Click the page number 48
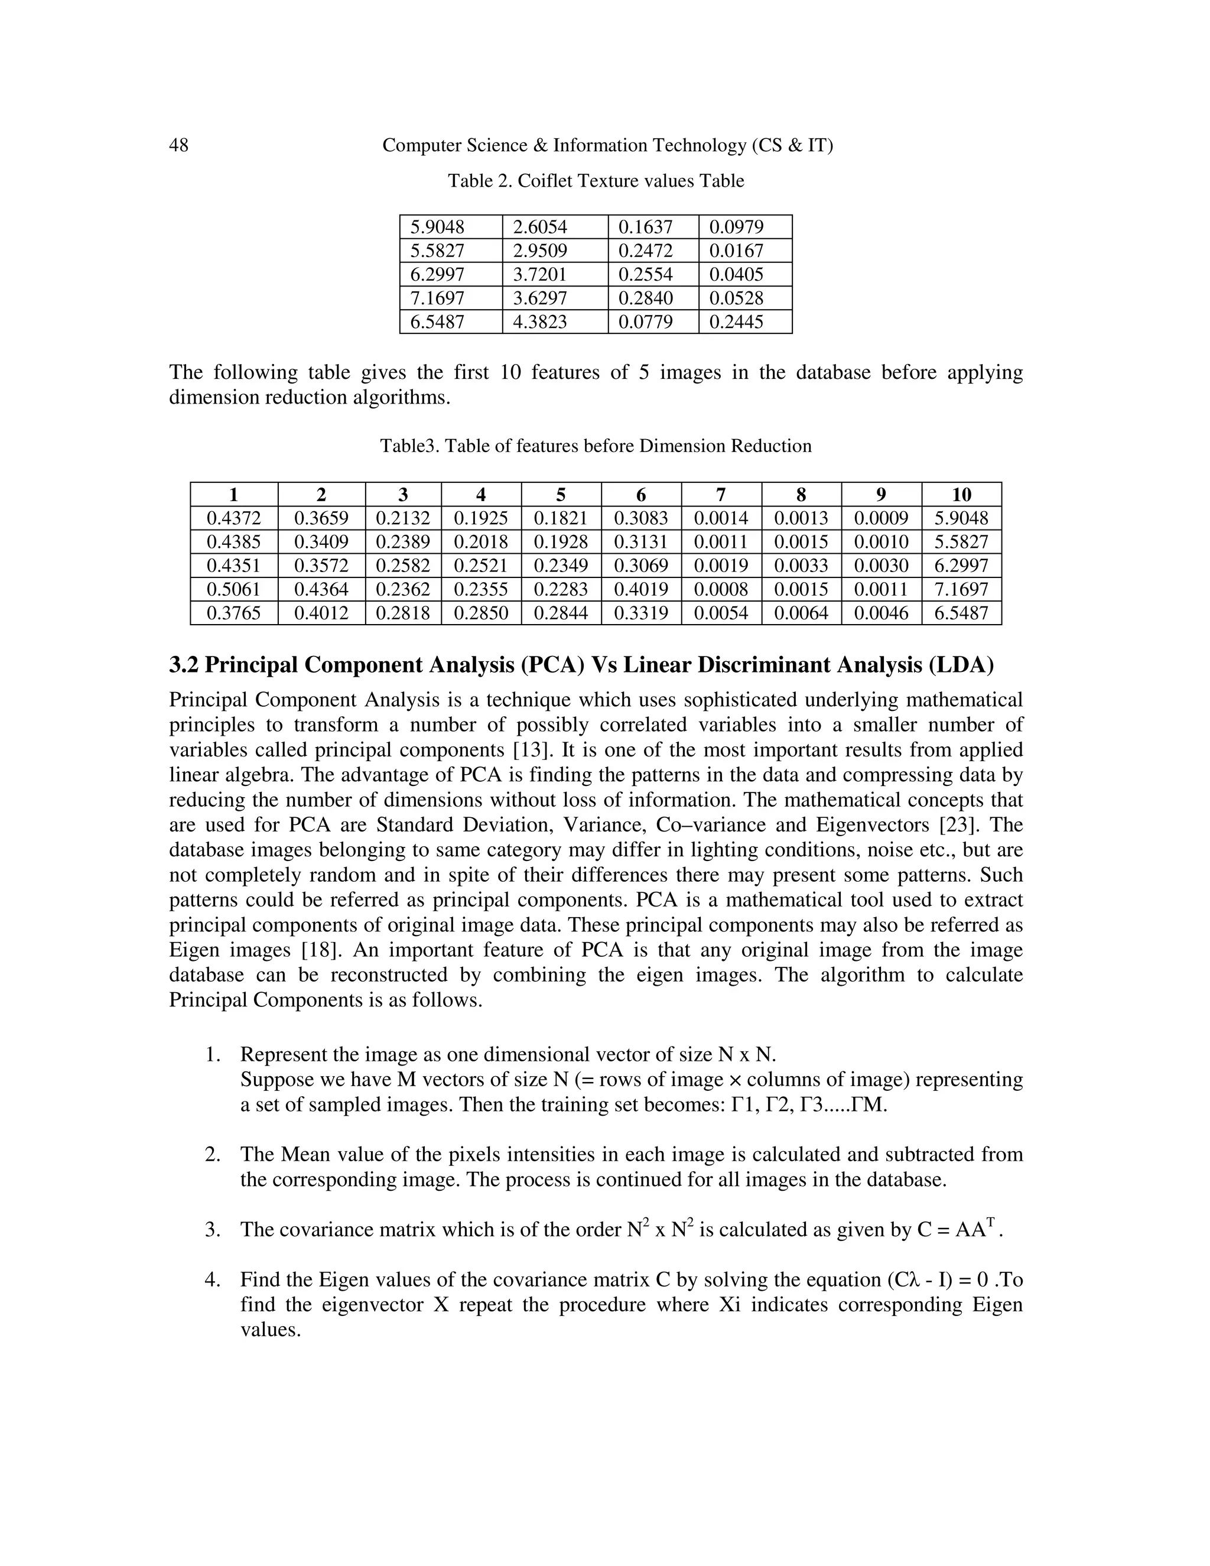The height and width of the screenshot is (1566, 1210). [178, 145]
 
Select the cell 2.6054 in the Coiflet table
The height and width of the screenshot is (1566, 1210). [540, 228]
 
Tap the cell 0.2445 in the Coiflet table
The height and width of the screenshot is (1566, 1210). [736, 322]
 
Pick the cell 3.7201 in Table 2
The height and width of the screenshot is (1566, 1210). [540, 275]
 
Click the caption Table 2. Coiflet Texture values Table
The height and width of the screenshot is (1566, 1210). [596, 181]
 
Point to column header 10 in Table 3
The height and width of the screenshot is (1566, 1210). [961, 495]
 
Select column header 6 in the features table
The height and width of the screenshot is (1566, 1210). [641, 495]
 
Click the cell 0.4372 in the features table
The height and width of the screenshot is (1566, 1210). [234, 518]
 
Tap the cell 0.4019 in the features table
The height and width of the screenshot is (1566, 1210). [641, 589]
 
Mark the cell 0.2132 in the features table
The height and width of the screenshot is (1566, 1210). [403, 518]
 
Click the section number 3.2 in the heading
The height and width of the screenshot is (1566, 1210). [184, 665]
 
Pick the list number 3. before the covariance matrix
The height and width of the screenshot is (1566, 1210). [212, 1230]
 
